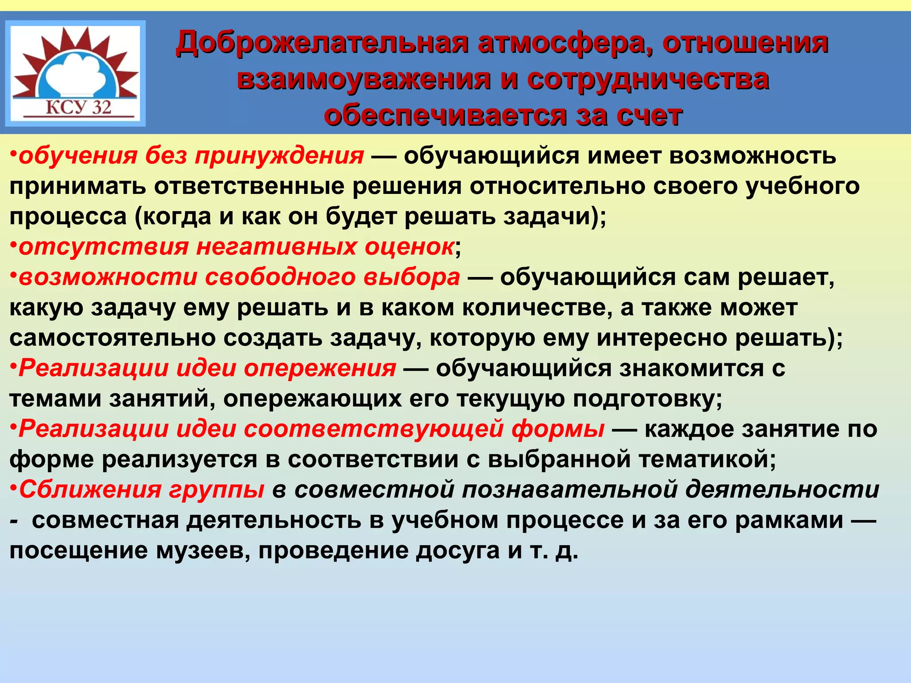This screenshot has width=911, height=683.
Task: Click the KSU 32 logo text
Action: click(78, 107)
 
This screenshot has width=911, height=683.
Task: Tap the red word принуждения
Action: click(279, 156)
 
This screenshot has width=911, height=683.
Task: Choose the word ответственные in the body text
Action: click(250, 186)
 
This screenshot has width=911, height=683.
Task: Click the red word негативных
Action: click(276, 247)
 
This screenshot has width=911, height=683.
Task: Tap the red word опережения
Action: click(320, 369)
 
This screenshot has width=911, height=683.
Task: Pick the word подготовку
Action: click(647, 399)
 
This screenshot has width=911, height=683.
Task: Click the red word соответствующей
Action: click(374, 429)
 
